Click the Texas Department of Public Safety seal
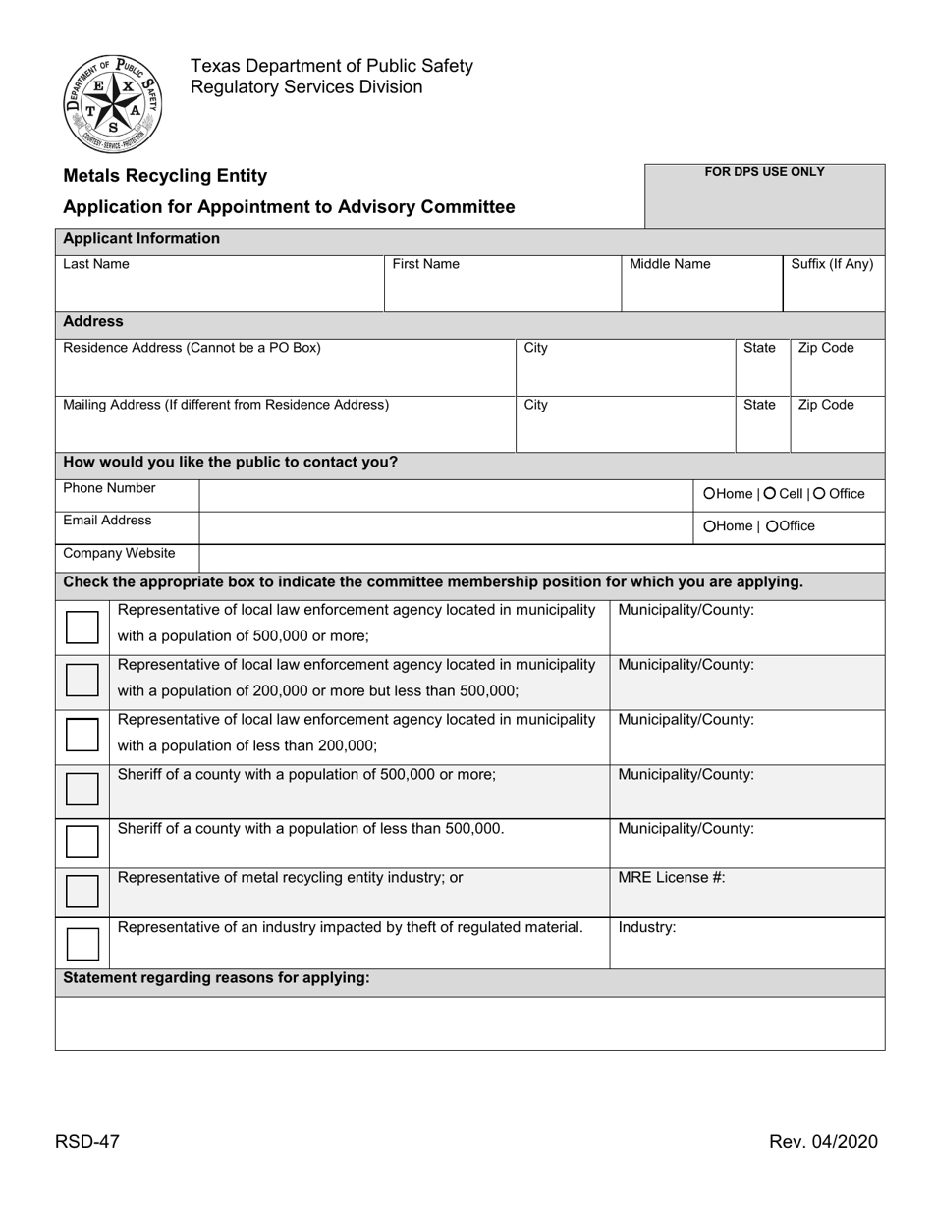(113, 103)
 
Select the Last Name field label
(96, 264)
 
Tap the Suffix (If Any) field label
(832, 264)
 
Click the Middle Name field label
(670, 264)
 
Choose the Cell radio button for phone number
(770, 494)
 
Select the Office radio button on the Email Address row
(772, 526)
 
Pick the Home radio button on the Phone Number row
(709, 494)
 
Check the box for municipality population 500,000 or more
(82, 627)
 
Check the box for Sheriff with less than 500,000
(82, 842)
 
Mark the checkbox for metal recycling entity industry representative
(82, 891)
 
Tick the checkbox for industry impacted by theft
(82, 944)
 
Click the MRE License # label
(672, 878)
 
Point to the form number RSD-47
(87, 1141)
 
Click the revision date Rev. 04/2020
(823, 1141)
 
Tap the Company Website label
(119, 553)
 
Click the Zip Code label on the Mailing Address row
(825, 405)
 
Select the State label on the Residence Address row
(759, 348)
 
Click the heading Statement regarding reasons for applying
(216, 978)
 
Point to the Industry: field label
(647, 927)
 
